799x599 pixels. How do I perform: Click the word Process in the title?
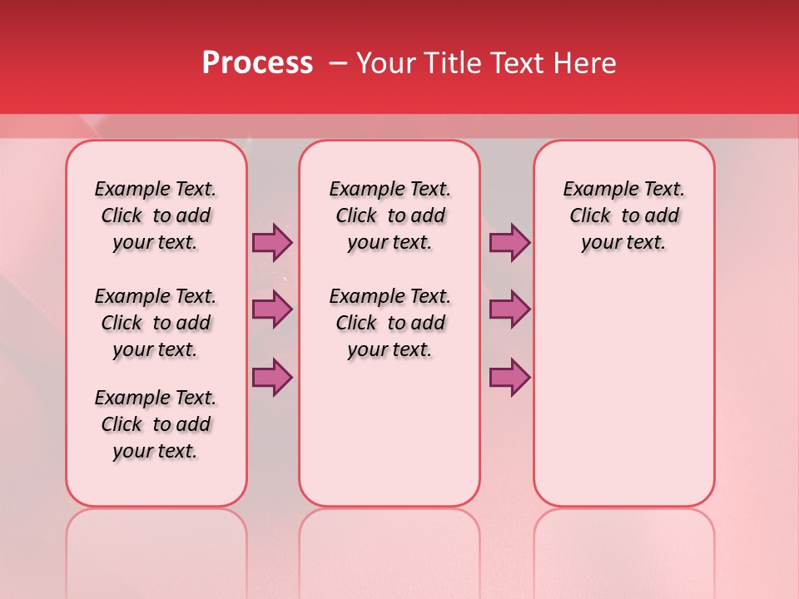point(257,64)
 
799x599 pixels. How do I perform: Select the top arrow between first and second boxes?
point(272,243)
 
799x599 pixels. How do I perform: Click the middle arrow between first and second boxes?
point(272,309)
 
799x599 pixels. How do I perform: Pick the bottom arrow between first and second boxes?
point(272,378)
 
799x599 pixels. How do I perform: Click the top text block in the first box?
point(156,215)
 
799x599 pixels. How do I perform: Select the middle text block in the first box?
point(156,323)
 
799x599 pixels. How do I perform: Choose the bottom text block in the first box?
point(156,424)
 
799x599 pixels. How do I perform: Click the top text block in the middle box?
point(390,215)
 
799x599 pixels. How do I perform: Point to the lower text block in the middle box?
point(390,323)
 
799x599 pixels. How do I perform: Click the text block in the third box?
point(624,215)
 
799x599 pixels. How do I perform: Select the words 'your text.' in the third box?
point(624,243)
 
